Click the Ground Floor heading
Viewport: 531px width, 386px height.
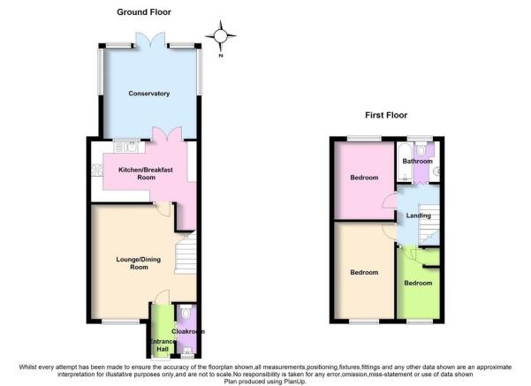144,12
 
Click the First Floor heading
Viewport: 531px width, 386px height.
386,115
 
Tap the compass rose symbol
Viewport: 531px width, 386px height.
221,36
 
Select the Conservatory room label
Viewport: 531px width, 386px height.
149,94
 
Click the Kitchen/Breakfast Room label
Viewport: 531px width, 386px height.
146,173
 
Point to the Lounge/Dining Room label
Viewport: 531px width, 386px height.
139,263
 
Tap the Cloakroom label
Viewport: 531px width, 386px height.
188,331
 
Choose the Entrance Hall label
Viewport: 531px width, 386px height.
163,345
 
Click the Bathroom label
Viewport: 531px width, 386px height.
417,161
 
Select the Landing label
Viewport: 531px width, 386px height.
419,216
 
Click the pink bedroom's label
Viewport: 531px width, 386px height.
364,178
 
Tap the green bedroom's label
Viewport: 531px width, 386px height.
418,283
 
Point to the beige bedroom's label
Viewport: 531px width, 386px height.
364,272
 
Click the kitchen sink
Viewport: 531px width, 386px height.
126,147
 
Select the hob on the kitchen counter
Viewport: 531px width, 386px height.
97,170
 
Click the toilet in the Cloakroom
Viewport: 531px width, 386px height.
186,313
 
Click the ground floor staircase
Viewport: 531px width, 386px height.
186,252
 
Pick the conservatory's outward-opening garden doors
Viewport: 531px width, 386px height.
150,39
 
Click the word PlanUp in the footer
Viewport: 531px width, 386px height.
294,382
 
